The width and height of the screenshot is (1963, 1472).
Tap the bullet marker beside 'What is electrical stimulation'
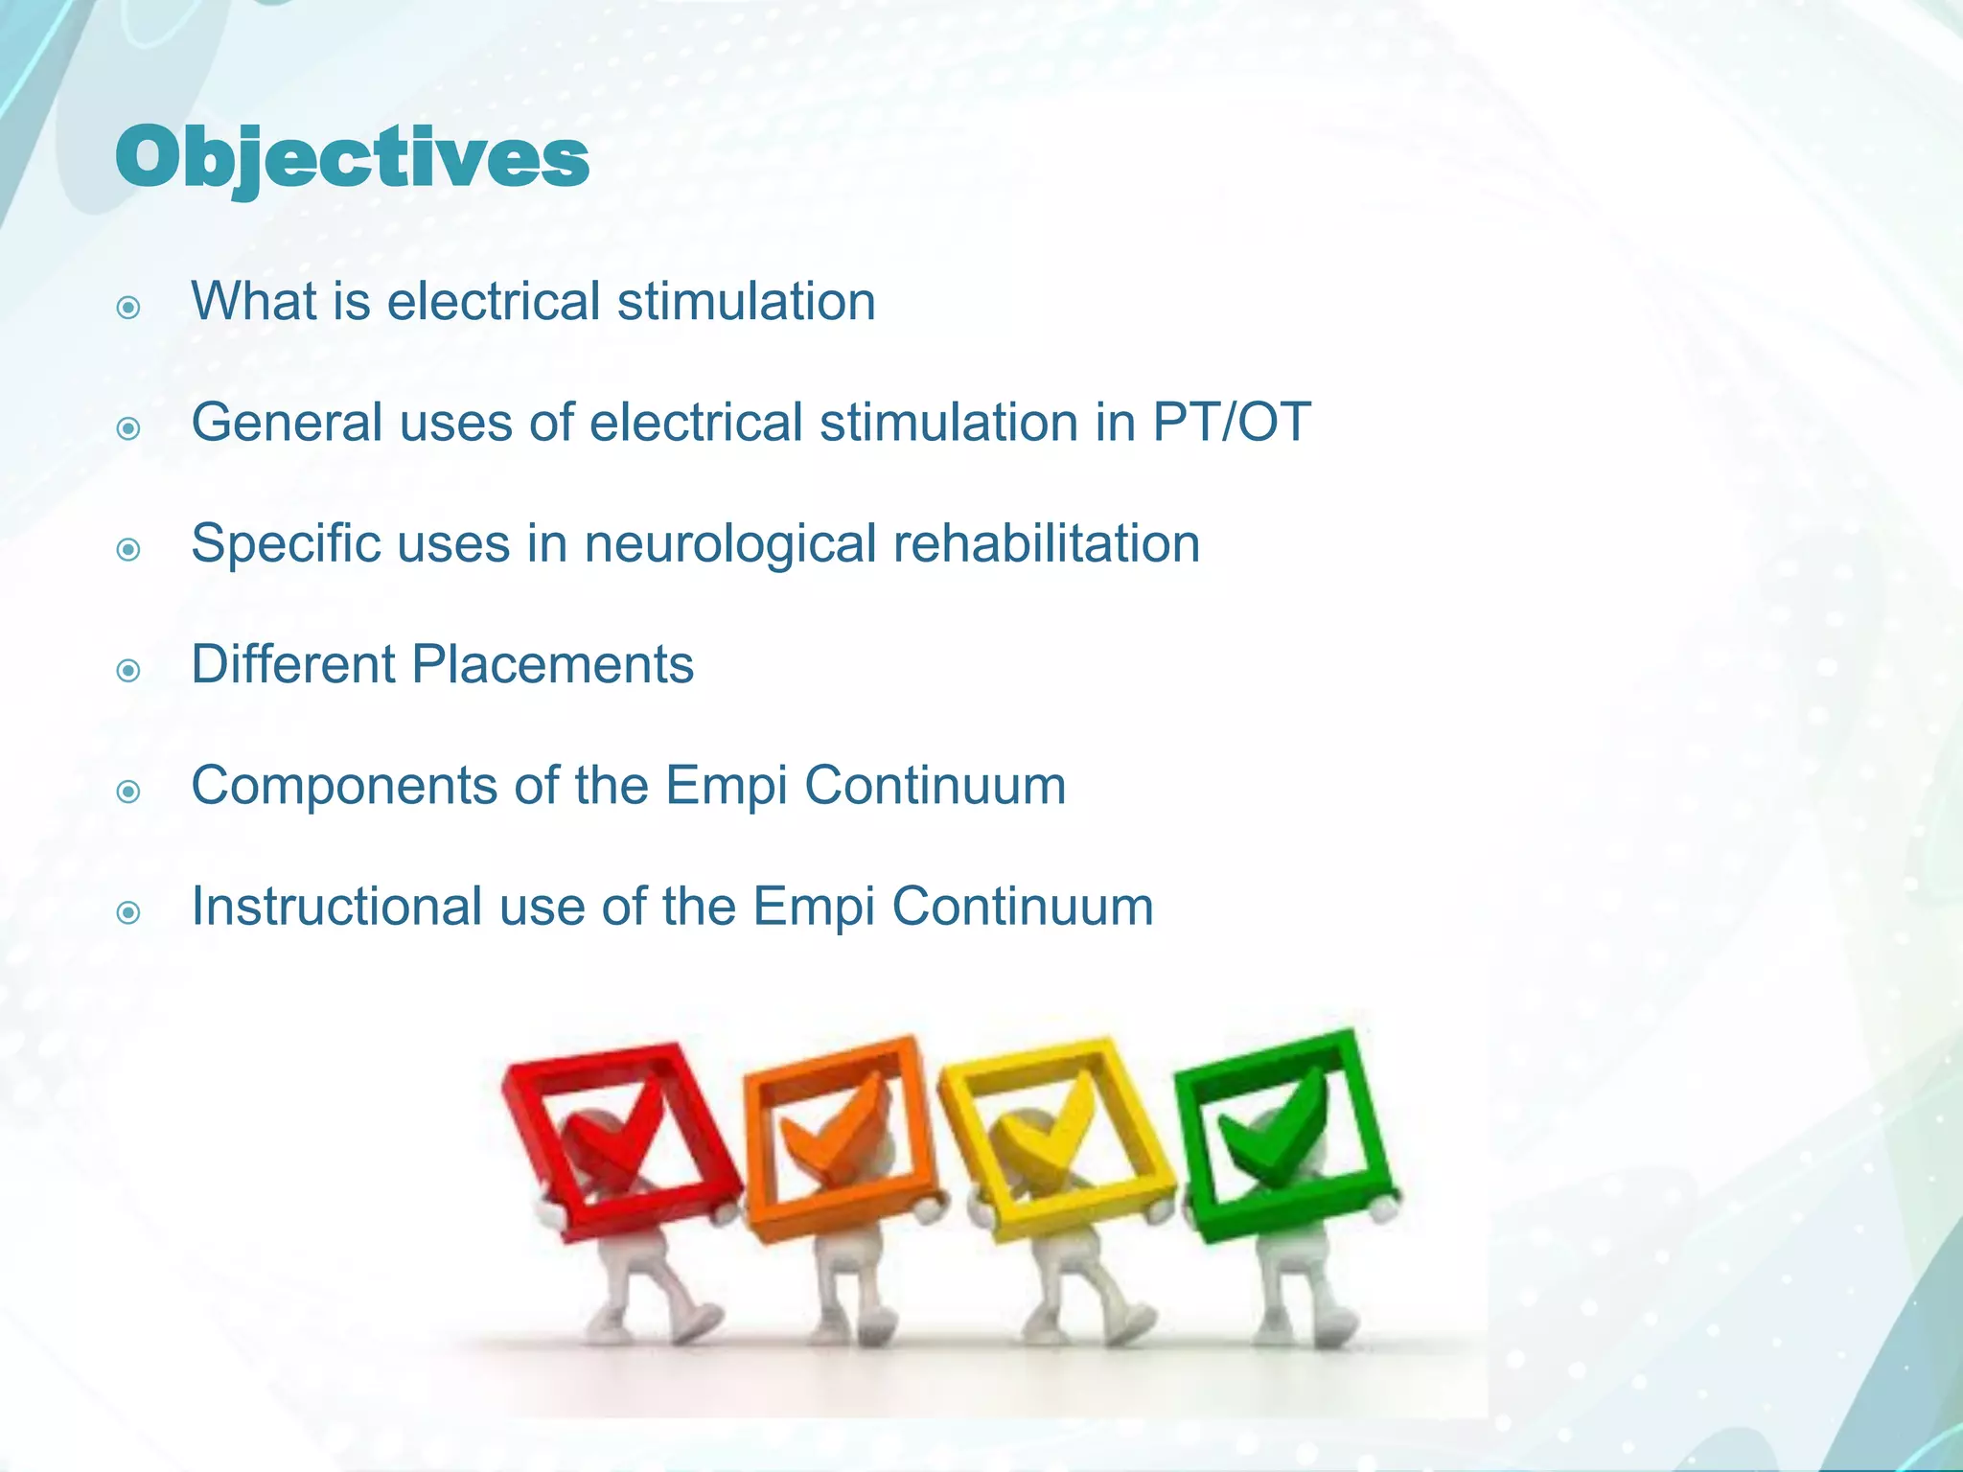128,308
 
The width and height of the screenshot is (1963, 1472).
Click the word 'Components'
344,786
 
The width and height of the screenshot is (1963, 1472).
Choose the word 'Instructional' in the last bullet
336,907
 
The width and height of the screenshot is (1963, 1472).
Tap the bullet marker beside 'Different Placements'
128,671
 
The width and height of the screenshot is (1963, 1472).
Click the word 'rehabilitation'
1047,543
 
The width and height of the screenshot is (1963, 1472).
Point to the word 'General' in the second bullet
287,422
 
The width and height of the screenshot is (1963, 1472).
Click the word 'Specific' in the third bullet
284,544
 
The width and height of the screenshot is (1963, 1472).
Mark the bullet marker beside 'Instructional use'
128,913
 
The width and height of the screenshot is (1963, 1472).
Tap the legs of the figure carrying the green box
1289,1294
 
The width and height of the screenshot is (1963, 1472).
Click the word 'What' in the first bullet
254,301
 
